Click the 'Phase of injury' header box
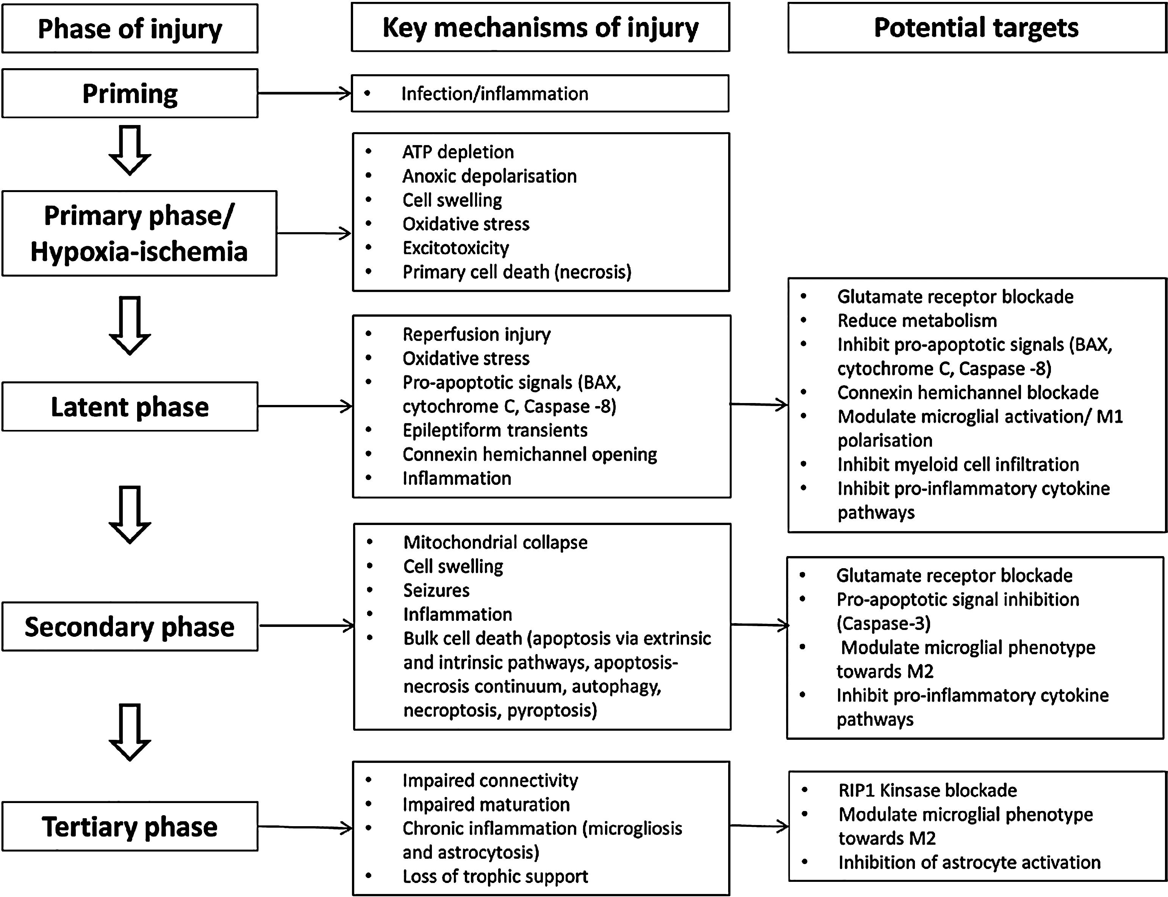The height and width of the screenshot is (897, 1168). click(130, 29)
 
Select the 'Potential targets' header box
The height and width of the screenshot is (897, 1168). click(977, 28)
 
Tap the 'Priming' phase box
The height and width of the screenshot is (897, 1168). click(130, 94)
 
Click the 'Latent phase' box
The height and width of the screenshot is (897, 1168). click(130, 406)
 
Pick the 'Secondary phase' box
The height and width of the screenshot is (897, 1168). click(130, 626)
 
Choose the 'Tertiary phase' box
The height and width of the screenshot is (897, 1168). click(130, 827)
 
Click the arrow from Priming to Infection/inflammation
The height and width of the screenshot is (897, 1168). click(305, 94)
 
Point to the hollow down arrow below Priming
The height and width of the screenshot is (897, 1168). click(130, 150)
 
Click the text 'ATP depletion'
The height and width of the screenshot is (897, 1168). click(458, 152)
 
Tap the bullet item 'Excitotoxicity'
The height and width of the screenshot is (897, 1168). click(455, 248)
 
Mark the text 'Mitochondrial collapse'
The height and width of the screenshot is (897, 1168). click(495, 542)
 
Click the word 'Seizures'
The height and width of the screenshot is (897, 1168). click(436, 591)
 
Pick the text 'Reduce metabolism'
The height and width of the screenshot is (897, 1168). click(917, 321)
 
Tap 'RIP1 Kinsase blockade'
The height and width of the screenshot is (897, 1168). click(928, 790)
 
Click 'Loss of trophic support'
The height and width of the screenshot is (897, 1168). click(495, 877)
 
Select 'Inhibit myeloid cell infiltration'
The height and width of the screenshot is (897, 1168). click(958, 464)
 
